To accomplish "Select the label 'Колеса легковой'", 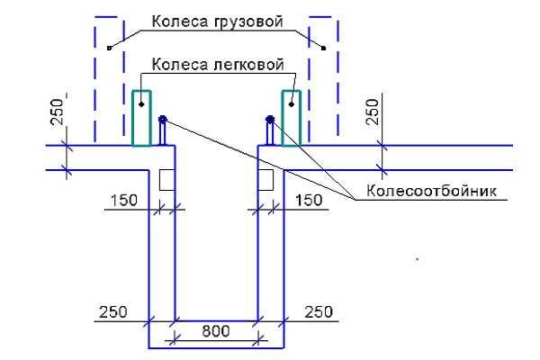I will [218, 65].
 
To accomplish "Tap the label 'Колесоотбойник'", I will [432, 191].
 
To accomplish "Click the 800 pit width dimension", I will [216, 330].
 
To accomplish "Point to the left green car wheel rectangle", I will [142, 117].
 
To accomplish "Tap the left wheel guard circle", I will [163, 119].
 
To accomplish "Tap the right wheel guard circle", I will [270, 119].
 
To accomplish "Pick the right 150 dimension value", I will [308, 200].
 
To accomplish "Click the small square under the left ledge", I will [166, 180].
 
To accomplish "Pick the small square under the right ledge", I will [265, 180].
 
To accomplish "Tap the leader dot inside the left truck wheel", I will [108, 48].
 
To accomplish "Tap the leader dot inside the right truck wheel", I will [323, 48].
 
